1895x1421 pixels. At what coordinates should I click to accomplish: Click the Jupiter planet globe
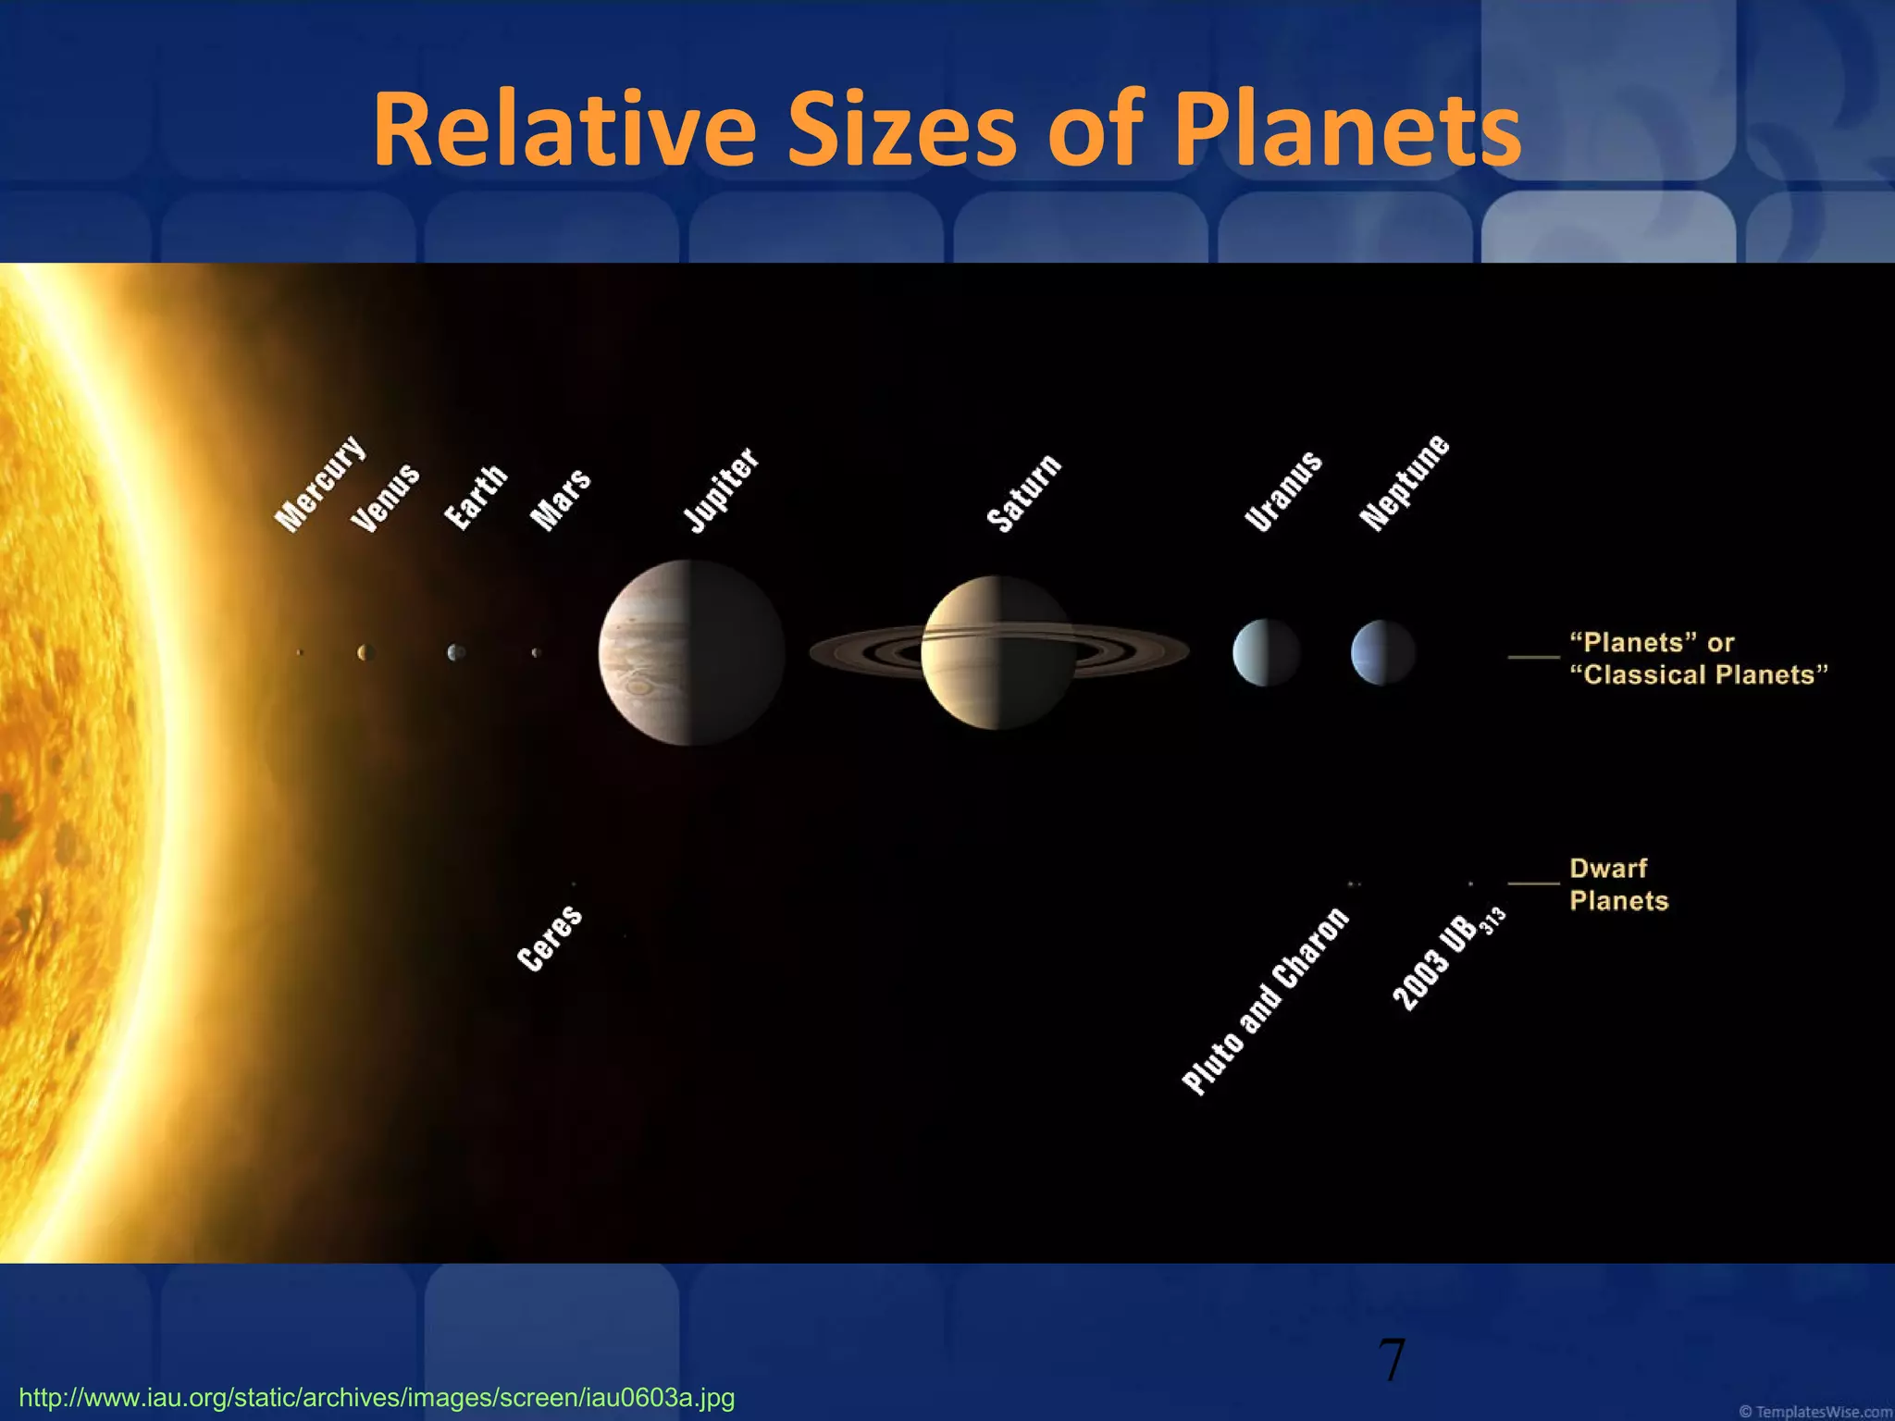point(691,652)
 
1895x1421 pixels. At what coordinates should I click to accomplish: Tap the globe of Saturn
point(997,652)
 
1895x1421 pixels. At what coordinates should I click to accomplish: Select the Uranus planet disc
point(1266,652)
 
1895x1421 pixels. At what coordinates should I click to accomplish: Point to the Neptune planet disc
point(1383,652)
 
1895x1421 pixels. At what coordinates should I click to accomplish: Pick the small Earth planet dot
point(455,652)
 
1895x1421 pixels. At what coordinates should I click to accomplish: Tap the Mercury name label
point(321,483)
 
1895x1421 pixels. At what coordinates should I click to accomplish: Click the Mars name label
point(560,500)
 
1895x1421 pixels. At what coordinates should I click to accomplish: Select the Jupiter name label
point(721,490)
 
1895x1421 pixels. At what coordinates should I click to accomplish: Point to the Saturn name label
point(1024,493)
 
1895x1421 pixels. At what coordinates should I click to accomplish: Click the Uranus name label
point(1283,491)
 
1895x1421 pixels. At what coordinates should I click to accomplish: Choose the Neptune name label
point(1404,482)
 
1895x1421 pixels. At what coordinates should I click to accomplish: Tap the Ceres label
point(550,938)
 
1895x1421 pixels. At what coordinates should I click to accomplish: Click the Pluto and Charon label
point(1265,1001)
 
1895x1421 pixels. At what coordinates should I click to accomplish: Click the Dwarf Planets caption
point(1618,884)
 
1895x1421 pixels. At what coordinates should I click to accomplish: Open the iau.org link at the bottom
point(377,1397)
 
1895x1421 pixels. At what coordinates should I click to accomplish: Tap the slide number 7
point(1392,1361)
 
